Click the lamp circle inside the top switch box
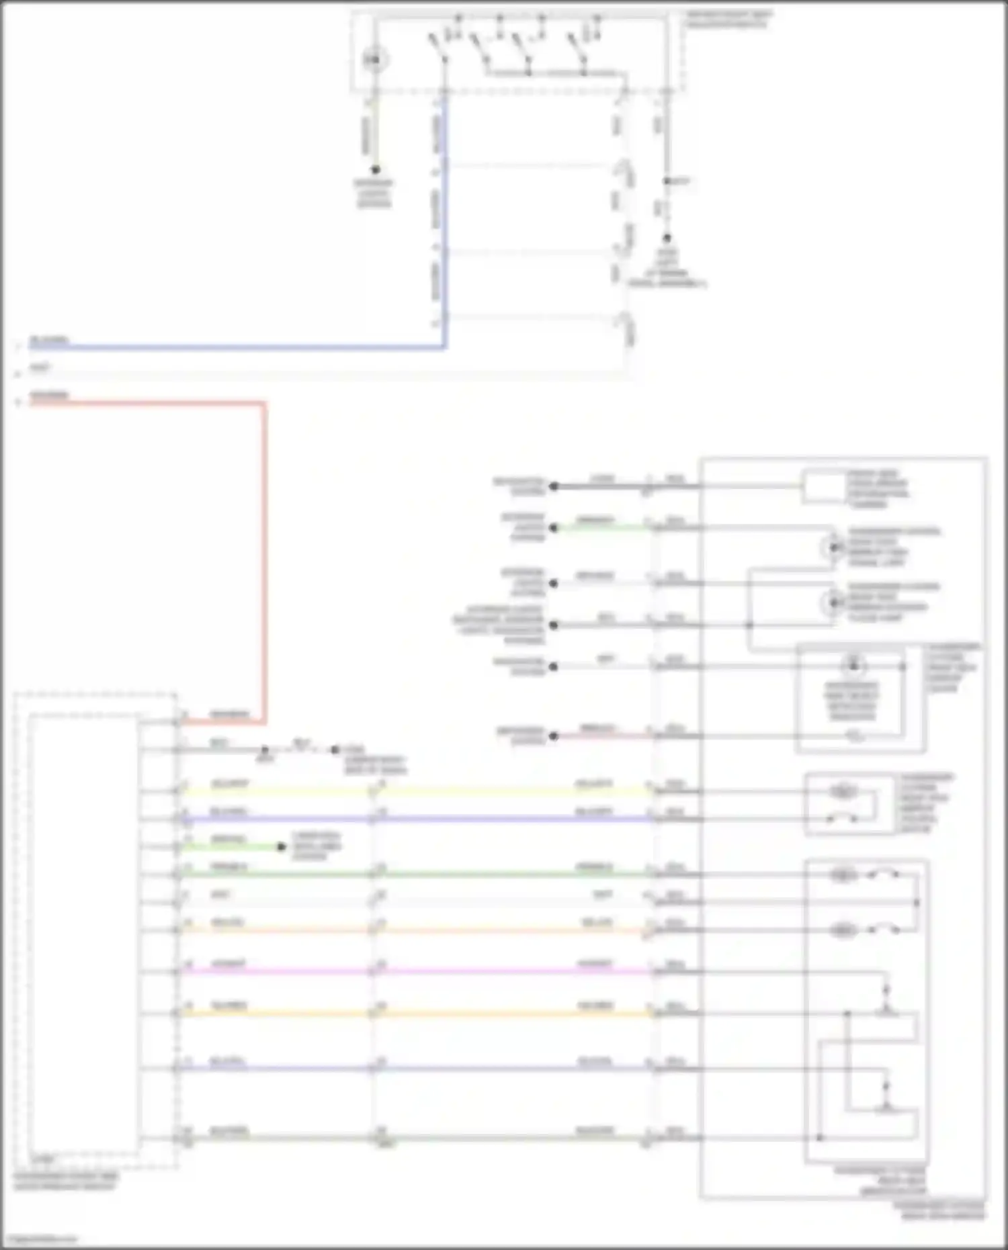375,60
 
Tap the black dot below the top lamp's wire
375,170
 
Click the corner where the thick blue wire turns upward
444,347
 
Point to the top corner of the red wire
263,404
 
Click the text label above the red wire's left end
49,395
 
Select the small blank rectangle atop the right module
823,487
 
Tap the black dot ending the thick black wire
554,486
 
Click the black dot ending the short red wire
554,735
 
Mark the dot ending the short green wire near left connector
282,847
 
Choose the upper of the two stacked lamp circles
833,548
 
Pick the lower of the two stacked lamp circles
833,602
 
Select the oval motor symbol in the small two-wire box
842,792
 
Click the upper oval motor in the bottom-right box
843,875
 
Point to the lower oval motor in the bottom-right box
843,930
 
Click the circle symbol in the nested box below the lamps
853,666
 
